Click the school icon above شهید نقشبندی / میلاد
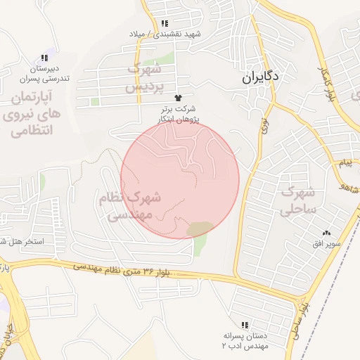click(x=165, y=23)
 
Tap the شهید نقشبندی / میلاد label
click(x=165, y=34)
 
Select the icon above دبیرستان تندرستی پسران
click(x=45, y=58)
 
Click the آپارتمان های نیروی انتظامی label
click(x=32, y=112)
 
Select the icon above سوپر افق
click(x=326, y=233)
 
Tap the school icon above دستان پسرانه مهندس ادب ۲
click(x=245, y=325)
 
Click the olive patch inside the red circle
click(x=201, y=229)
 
